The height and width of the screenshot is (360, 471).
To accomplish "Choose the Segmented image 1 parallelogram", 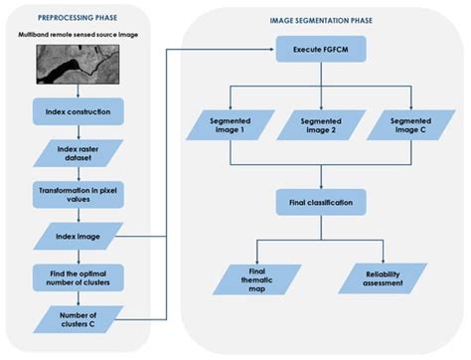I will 231,126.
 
